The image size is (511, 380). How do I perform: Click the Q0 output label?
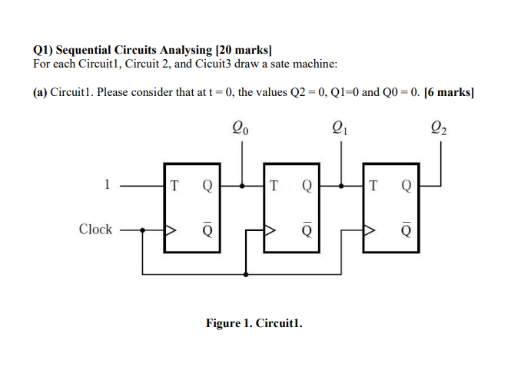point(240,129)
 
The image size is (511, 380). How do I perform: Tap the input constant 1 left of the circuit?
point(108,184)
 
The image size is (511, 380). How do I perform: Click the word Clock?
point(95,230)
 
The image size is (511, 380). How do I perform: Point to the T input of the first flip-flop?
point(176,185)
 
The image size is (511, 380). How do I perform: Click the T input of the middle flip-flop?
point(275,185)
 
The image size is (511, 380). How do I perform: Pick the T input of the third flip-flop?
point(374,185)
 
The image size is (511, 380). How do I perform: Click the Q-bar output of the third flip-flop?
point(406,229)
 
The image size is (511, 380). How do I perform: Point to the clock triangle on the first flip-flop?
point(171,230)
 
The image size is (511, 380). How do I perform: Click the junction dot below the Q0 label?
point(244,185)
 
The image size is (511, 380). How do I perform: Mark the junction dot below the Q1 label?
point(343,185)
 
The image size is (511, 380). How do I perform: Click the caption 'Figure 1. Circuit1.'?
point(254,323)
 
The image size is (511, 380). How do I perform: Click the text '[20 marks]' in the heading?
point(241,48)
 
